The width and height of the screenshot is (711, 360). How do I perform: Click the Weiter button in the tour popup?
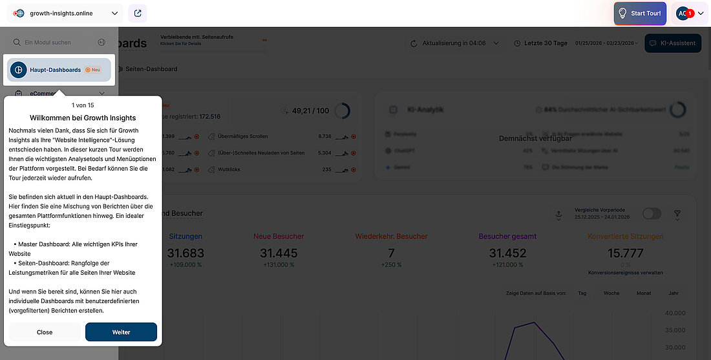pos(121,332)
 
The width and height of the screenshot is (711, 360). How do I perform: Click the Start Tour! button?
pos(639,13)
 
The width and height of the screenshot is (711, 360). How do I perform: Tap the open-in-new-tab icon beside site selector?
pos(138,13)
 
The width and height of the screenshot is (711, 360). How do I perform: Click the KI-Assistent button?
pos(673,43)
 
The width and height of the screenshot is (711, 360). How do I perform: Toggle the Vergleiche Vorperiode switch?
pos(652,213)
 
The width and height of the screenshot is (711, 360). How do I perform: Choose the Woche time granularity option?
pos(611,293)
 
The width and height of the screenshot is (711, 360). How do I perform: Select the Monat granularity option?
pos(643,293)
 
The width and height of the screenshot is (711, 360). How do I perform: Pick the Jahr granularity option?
pos(673,293)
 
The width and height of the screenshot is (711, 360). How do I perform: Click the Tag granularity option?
pos(582,293)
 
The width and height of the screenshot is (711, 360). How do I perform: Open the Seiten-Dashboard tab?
pos(151,69)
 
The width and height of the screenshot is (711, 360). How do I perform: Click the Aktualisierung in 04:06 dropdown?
pos(454,43)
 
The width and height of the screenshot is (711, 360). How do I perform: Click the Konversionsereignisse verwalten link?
pos(625,273)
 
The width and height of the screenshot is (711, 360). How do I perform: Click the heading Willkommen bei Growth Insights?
pos(82,118)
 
